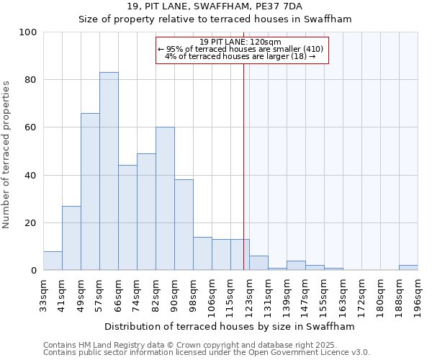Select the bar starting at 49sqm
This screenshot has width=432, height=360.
click(x=90, y=192)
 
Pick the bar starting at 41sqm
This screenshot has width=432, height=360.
click(x=71, y=238)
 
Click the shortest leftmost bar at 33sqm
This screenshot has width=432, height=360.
click(x=53, y=261)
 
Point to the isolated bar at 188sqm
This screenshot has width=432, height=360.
click(x=408, y=268)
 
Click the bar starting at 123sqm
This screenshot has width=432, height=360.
click(x=258, y=264)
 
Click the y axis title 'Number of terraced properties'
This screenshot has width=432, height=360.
click(x=7, y=155)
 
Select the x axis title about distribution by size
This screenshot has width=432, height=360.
click(x=230, y=326)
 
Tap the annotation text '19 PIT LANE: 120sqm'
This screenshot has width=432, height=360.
click(x=240, y=42)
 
